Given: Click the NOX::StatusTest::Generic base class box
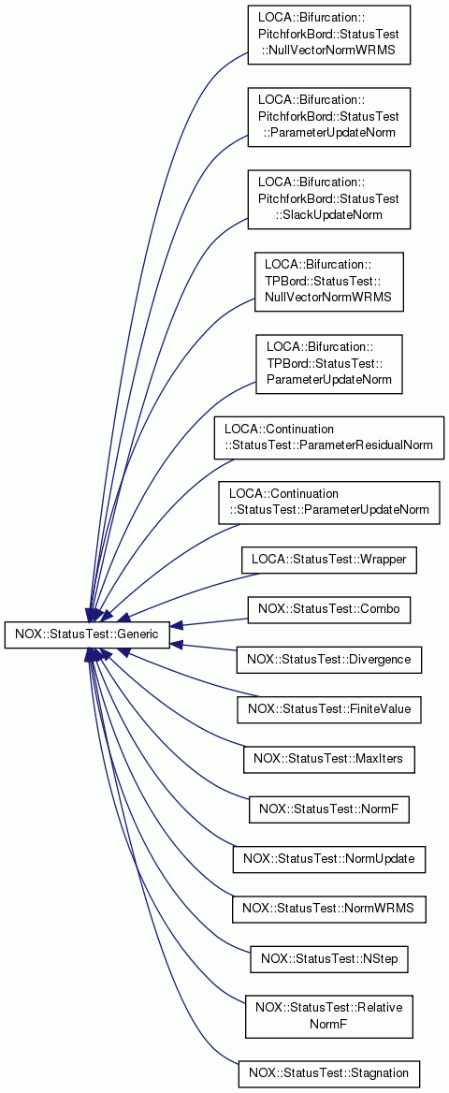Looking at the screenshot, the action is (x=87, y=634).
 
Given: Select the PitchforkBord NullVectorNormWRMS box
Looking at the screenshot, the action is (x=329, y=35).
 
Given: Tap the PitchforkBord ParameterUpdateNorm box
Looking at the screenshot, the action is (x=329, y=117).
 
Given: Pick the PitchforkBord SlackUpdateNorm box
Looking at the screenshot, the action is (x=329, y=199).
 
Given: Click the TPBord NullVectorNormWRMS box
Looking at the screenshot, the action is (x=329, y=282).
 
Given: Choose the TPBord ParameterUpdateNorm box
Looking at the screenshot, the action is (x=329, y=364).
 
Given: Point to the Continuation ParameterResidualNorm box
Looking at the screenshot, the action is (x=329, y=438).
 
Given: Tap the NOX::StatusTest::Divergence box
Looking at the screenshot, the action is (x=329, y=659).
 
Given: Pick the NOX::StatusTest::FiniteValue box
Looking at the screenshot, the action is (x=329, y=709).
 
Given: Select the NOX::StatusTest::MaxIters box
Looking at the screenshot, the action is (x=329, y=758).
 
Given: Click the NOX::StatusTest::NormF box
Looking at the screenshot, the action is (x=329, y=809).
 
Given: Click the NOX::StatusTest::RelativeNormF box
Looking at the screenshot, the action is (x=329, y=1015).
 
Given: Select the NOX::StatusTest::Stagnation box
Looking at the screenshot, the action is (x=329, y=1072).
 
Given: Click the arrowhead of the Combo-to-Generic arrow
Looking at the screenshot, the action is (x=177, y=625).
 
